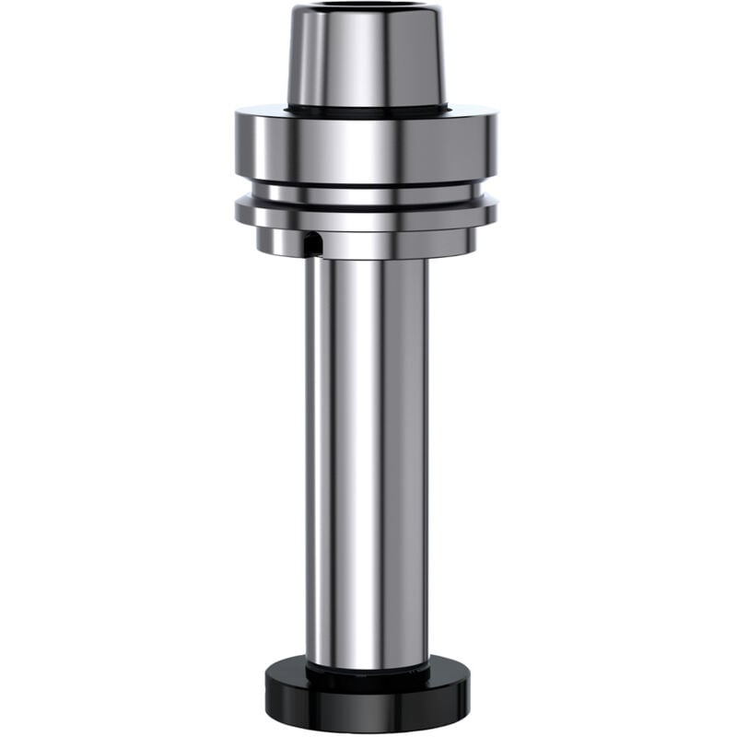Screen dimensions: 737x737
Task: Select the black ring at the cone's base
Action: (x=367, y=111)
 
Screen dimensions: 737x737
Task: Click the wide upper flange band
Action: (x=367, y=147)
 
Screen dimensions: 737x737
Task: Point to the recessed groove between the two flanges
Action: (x=367, y=193)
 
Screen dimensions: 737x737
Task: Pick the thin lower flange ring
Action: (x=367, y=212)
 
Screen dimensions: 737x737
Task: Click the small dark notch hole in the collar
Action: (x=313, y=244)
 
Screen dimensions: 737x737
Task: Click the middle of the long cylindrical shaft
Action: (x=367, y=461)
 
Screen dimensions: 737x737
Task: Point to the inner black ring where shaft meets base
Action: (x=367, y=671)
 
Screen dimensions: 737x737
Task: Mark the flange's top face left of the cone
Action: (x=263, y=112)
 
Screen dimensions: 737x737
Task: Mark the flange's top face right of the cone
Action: (x=472, y=112)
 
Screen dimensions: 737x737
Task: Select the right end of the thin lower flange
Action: (x=490, y=213)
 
